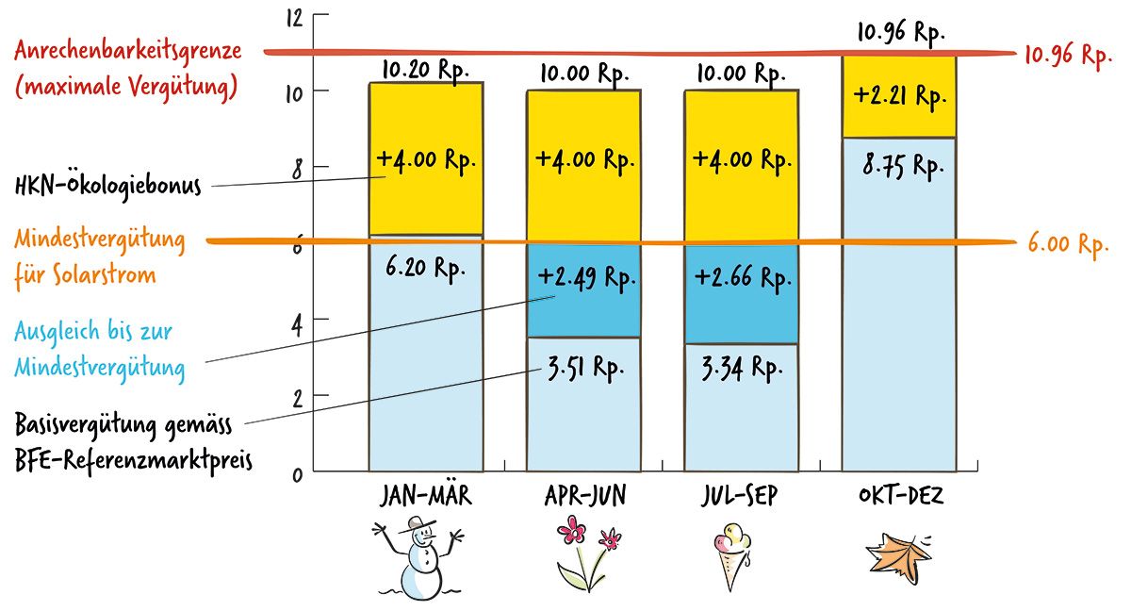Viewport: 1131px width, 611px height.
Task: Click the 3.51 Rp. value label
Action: pyautogui.click(x=588, y=363)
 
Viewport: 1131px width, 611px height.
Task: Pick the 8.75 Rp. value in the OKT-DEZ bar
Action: pyautogui.click(x=902, y=167)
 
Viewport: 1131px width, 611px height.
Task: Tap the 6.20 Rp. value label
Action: pyautogui.click(x=427, y=269)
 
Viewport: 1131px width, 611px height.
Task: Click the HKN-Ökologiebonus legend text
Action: pyautogui.click(x=108, y=186)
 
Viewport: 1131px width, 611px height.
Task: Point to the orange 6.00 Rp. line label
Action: pyautogui.click(x=1067, y=245)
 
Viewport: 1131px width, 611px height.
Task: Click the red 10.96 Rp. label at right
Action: pyautogui.click(x=1069, y=55)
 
